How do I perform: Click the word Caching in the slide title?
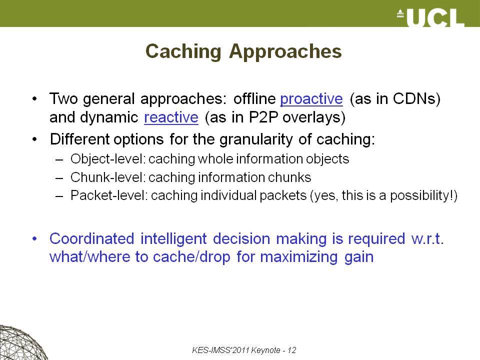183,51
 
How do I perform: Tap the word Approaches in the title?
285,51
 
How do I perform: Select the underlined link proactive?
311,99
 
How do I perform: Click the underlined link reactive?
171,117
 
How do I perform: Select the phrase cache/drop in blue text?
191,257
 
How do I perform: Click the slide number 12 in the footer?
291,350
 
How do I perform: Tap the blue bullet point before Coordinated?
35,239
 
